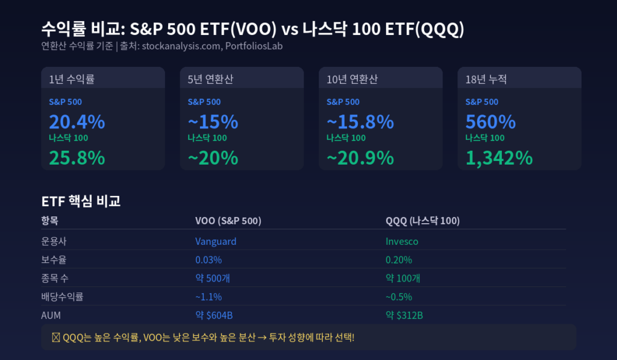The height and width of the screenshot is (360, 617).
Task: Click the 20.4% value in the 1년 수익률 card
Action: point(77,122)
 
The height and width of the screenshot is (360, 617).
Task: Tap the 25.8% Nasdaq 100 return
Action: point(77,158)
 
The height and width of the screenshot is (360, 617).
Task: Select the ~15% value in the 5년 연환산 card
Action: point(213,122)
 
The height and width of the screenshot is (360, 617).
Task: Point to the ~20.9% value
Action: point(360,158)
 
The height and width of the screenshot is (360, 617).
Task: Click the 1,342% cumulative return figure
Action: point(499,158)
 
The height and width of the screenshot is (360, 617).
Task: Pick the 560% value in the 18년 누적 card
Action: point(490,122)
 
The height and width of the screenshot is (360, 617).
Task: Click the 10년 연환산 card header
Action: point(352,80)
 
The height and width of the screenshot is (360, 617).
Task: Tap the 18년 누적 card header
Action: point(486,80)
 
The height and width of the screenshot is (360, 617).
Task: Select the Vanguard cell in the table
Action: point(216,241)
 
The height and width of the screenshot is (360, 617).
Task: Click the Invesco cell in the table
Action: point(402,241)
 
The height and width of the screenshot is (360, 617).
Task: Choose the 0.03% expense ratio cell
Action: point(208,260)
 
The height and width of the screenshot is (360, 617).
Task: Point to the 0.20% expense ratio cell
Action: point(399,260)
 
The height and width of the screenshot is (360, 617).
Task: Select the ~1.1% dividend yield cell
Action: point(208,297)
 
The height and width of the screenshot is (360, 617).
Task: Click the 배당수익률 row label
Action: point(62,297)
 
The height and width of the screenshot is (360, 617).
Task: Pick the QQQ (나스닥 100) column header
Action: point(422,221)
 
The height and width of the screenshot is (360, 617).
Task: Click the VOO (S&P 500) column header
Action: point(228,221)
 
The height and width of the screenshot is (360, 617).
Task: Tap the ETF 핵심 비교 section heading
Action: point(81,201)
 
